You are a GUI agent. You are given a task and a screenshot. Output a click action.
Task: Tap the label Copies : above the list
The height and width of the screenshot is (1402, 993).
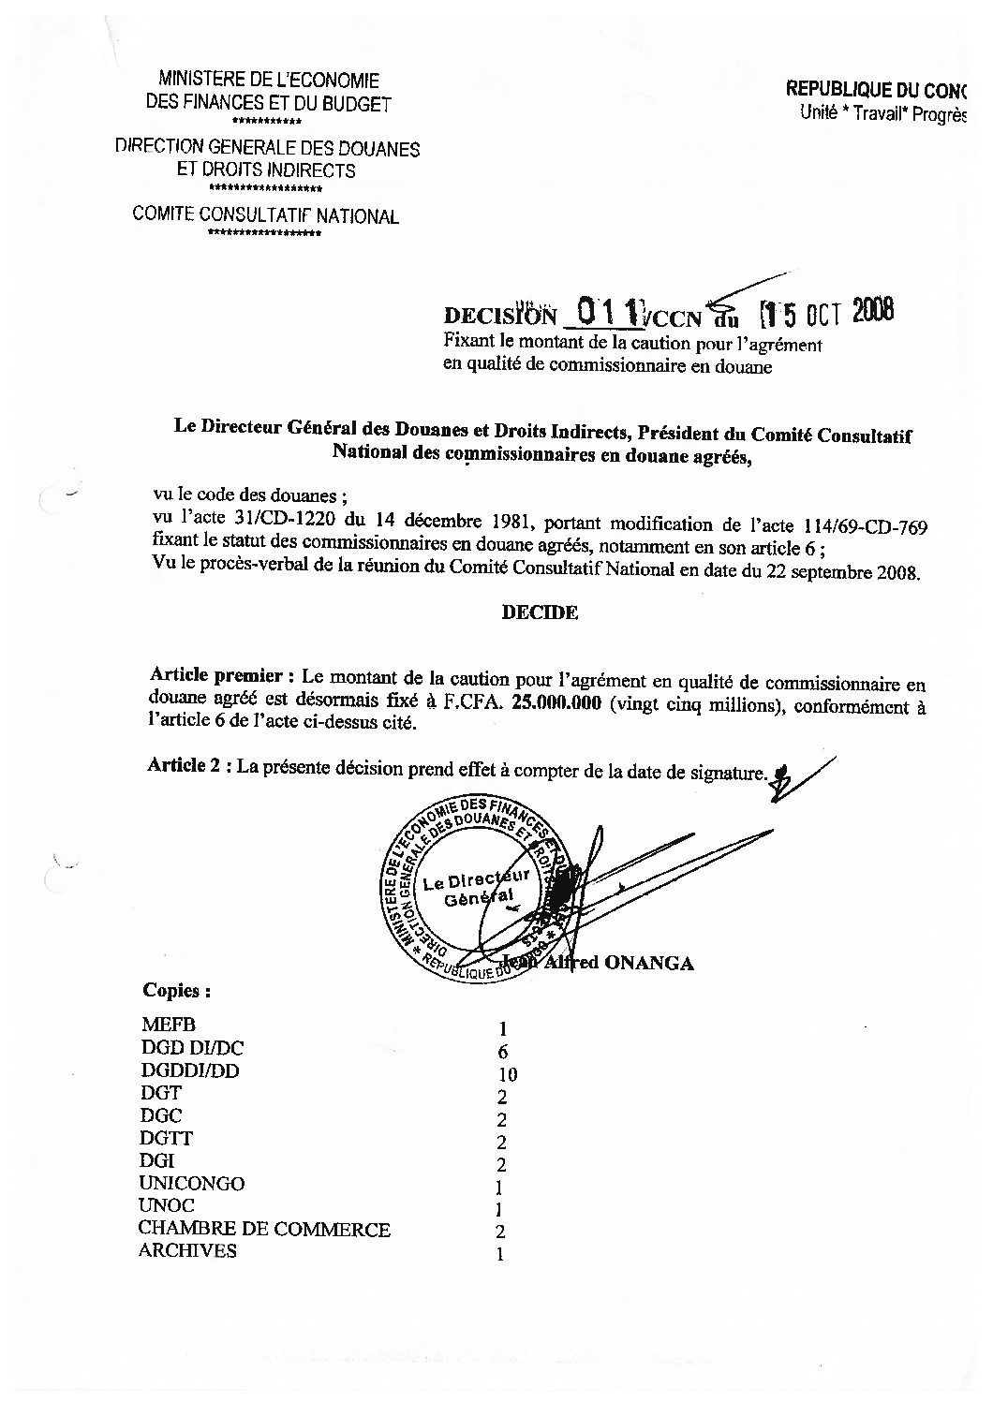coord(176,990)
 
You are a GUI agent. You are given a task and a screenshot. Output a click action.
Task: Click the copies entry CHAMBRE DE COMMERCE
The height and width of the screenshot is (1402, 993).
coord(264,1229)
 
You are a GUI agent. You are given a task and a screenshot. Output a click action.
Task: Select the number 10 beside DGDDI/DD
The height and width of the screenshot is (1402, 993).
coord(508,1073)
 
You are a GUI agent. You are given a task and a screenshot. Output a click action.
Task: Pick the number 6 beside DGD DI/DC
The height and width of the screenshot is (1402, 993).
coord(503,1051)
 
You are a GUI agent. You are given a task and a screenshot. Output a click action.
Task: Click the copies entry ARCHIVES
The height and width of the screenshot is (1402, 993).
coord(187,1251)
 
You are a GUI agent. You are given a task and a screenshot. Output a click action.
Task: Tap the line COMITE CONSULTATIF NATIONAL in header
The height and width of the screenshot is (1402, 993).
coord(266,216)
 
